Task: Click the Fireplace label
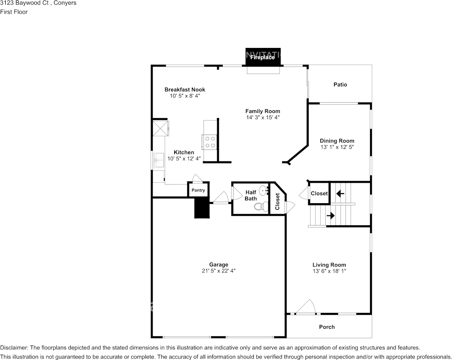(262, 57)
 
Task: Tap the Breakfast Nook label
(185, 89)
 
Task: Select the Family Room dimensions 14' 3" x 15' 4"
(263, 118)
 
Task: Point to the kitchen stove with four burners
(209, 142)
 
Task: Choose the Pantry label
(198, 190)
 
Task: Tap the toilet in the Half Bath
(259, 207)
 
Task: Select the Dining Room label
(337, 141)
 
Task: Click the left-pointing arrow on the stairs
(340, 193)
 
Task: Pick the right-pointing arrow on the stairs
(330, 215)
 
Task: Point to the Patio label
(340, 84)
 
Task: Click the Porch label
(327, 327)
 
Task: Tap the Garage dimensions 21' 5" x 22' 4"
(218, 271)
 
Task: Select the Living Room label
(329, 265)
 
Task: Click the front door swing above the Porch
(306, 307)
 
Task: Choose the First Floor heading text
(14, 12)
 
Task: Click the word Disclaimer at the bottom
(14, 348)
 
